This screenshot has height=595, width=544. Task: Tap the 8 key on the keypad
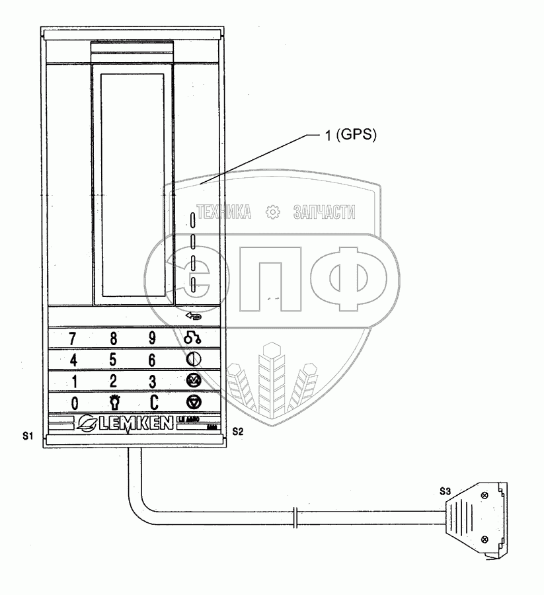pos(113,339)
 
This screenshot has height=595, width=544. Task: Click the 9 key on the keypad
pos(152,338)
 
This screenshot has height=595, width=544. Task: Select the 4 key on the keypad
pos(73,360)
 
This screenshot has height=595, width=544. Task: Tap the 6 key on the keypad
pos(152,360)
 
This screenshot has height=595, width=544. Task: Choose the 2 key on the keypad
pos(113,381)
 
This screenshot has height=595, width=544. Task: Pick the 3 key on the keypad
pos(153,381)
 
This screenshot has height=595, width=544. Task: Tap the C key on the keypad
pos(153,403)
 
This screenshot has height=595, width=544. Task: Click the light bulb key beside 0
pos(113,403)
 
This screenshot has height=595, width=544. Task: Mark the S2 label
pos(239,431)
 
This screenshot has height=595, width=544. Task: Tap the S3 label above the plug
pos(447,491)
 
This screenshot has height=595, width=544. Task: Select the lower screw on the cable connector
pos(486,539)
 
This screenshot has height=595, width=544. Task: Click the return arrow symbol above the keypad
pos(194,316)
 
